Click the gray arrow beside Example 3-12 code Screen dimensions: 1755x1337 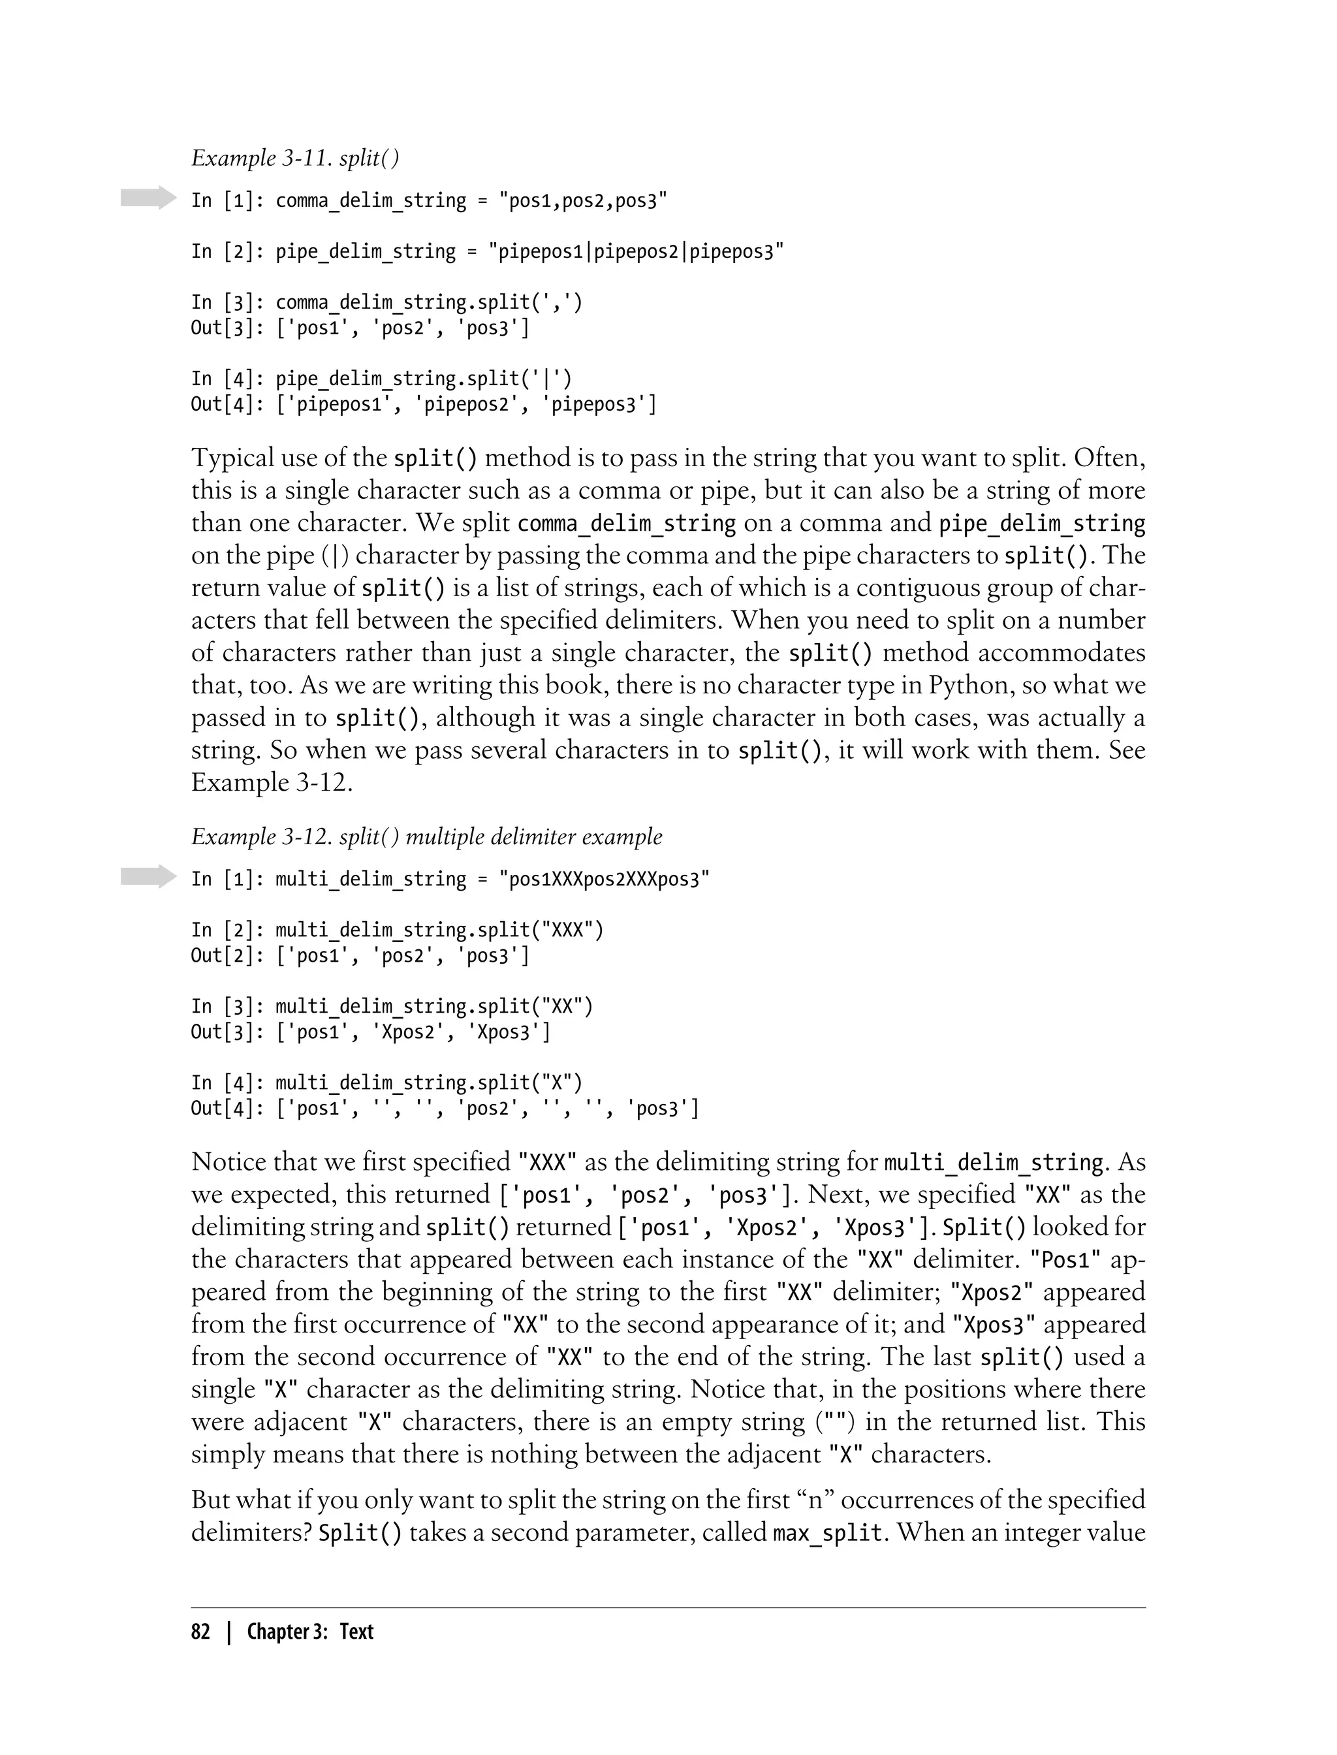(x=148, y=876)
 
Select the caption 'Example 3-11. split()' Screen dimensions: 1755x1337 (x=295, y=159)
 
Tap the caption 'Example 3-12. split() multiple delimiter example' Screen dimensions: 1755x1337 (x=426, y=836)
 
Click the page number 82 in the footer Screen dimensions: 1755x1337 (x=200, y=1632)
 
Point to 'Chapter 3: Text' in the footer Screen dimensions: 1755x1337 (x=309, y=1632)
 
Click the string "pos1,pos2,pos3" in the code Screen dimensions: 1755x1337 (x=582, y=200)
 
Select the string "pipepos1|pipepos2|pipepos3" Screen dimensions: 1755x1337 (x=640, y=251)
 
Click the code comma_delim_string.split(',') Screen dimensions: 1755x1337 (x=429, y=302)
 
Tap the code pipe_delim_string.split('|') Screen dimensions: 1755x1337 (x=424, y=379)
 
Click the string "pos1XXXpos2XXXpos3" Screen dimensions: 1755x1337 (x=604, y=879)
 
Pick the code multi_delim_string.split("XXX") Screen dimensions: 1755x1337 (x=439, y=930)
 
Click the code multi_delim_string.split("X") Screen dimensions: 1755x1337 (x=429, y=1083)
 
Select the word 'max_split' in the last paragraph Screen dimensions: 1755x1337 (x=828, y=1532)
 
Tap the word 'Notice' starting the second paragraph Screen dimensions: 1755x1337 (x=228, y=1162)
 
